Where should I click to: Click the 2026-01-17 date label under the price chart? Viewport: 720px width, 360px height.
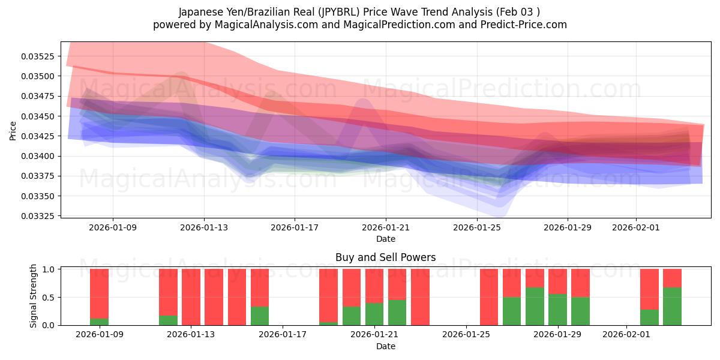click(x=295, y=228)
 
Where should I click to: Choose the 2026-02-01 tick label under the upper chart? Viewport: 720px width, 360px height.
click(x=636, y=228)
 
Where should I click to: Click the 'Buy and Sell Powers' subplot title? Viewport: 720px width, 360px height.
click(x=385, y=257)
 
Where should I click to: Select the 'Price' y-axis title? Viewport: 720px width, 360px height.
click(x=13, y=131)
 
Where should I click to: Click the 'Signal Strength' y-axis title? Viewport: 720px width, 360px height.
click(x=34, y=296)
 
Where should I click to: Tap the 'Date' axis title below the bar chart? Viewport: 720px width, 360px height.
click(x=385, y=346)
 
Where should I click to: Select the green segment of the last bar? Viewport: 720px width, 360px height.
click(x=672, y=306)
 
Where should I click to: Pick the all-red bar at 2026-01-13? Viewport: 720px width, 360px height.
click(x=191, y=297)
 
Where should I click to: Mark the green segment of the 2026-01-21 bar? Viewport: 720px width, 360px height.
click(x=374, y=314)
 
